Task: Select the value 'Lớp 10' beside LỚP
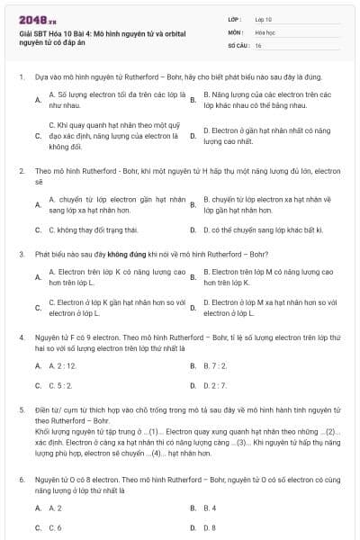(x=263, y=18)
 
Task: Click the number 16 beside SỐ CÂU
(x=258, y=44)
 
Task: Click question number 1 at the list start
(x=21, y=77)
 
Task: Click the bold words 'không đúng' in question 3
(x=123, y=254)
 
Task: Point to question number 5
(x=21, y=409)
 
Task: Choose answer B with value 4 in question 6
(x=210, y=508)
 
